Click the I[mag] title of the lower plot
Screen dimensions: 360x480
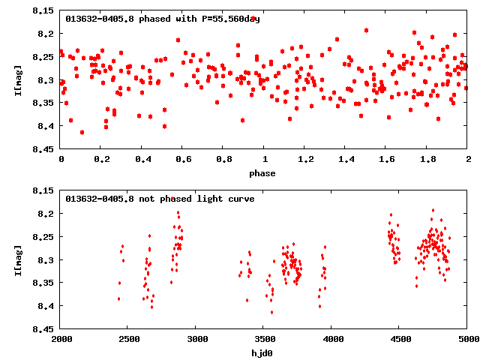point(18,259)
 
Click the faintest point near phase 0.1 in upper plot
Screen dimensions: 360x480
point(82,132)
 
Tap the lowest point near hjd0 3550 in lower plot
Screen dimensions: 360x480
point(271,312)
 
